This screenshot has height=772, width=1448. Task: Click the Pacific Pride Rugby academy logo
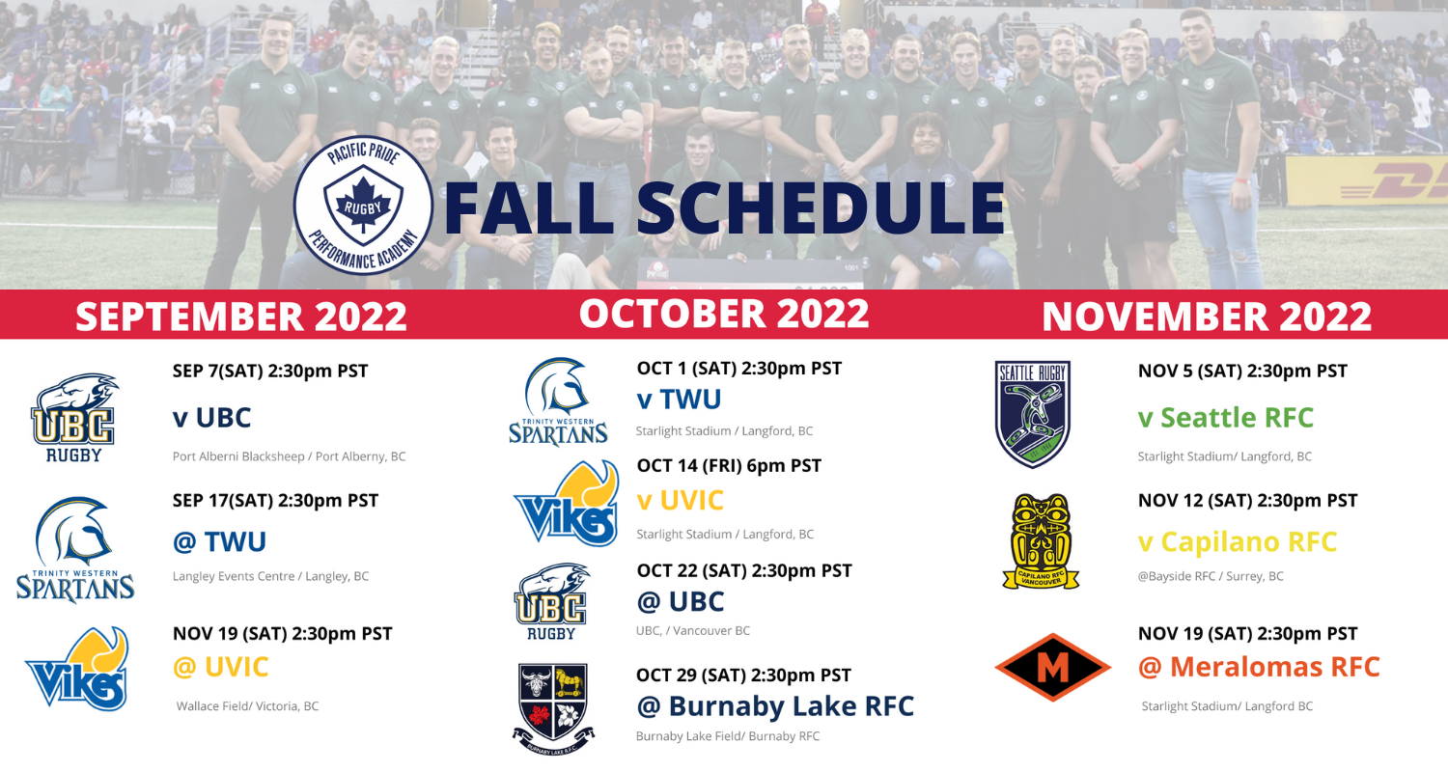click(x=363, y=206)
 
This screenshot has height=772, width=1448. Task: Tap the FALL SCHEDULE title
click(x=724, y=207)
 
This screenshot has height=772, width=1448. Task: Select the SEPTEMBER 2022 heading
click(x=241, y=316)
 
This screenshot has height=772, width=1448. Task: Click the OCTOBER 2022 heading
click(x=724, y=314)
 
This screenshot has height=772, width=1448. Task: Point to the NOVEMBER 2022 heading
click(x=1207, y=316)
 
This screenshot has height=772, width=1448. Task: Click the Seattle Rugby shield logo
click(x=1032, y=413)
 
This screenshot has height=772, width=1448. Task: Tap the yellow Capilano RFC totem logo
click(x=1041, y=541)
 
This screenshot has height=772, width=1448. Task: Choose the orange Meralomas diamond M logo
click(x=1053, y=668)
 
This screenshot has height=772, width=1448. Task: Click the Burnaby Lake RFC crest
click(x=553, y=709)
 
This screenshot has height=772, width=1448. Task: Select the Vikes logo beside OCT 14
click(x=567, y=504)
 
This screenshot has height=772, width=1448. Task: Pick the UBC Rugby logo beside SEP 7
click(x=73, y=418)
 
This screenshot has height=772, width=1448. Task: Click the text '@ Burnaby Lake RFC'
click(x=775, y=706)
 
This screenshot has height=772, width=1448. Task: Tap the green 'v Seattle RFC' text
click(x=1226, y=417)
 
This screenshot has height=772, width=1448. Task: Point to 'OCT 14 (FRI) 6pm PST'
click(x=729, y=466)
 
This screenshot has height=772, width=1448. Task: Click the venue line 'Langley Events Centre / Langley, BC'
click(x=270, y=576)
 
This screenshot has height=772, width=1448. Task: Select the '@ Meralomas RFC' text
click(x=1259, y=667)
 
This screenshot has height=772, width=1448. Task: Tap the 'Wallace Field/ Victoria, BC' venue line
click(x=247, y=706)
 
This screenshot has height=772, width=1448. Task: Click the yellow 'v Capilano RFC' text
click(x=1238, y=542)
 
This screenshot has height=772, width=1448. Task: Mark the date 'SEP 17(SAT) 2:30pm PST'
click(x=275, y=501)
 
